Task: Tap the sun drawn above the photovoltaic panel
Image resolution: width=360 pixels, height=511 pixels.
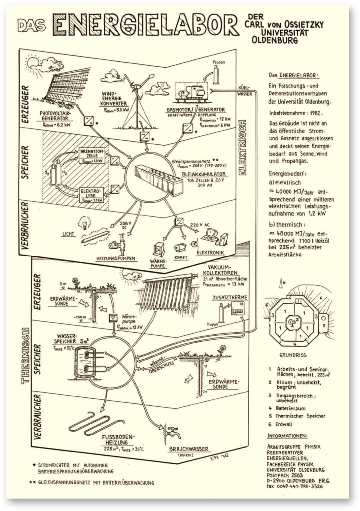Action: [x=35, y=63]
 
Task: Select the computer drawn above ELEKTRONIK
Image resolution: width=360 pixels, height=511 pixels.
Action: [x=211, y=233]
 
